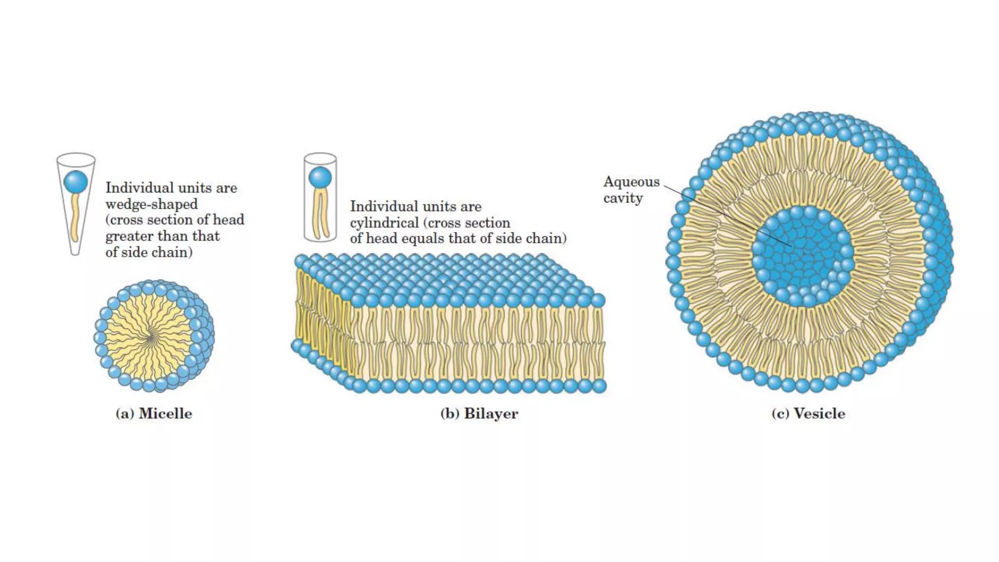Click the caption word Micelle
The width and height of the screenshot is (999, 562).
(x=165, y=414)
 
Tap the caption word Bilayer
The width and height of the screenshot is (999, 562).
(x=491, y=414)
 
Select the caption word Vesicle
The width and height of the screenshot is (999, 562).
(x=819, y=414)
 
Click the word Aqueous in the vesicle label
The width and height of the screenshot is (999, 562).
(x=631, y=182)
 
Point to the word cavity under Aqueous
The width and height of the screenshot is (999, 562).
(x=623, y=198)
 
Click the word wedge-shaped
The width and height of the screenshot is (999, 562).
(x=152, y=204)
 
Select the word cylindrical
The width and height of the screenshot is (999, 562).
(x=384, y=223)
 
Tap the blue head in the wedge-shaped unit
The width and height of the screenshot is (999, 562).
(x=76, y=182)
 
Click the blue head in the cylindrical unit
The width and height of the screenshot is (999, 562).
(x=320, y=178)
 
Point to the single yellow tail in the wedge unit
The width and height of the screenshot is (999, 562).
(x=75, y=217)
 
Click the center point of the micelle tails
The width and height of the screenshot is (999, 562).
(x=152, y=336)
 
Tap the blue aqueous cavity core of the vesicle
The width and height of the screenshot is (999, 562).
(x=802, y=256)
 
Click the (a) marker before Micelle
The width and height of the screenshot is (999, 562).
(x=124, y=414)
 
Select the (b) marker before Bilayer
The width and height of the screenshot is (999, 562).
(x=449, y=414)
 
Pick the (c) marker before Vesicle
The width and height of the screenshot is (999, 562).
(x=780, y=414)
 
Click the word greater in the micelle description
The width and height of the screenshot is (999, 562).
(x=127, y=237)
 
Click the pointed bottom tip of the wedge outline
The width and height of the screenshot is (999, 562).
(x=75, y=253)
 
